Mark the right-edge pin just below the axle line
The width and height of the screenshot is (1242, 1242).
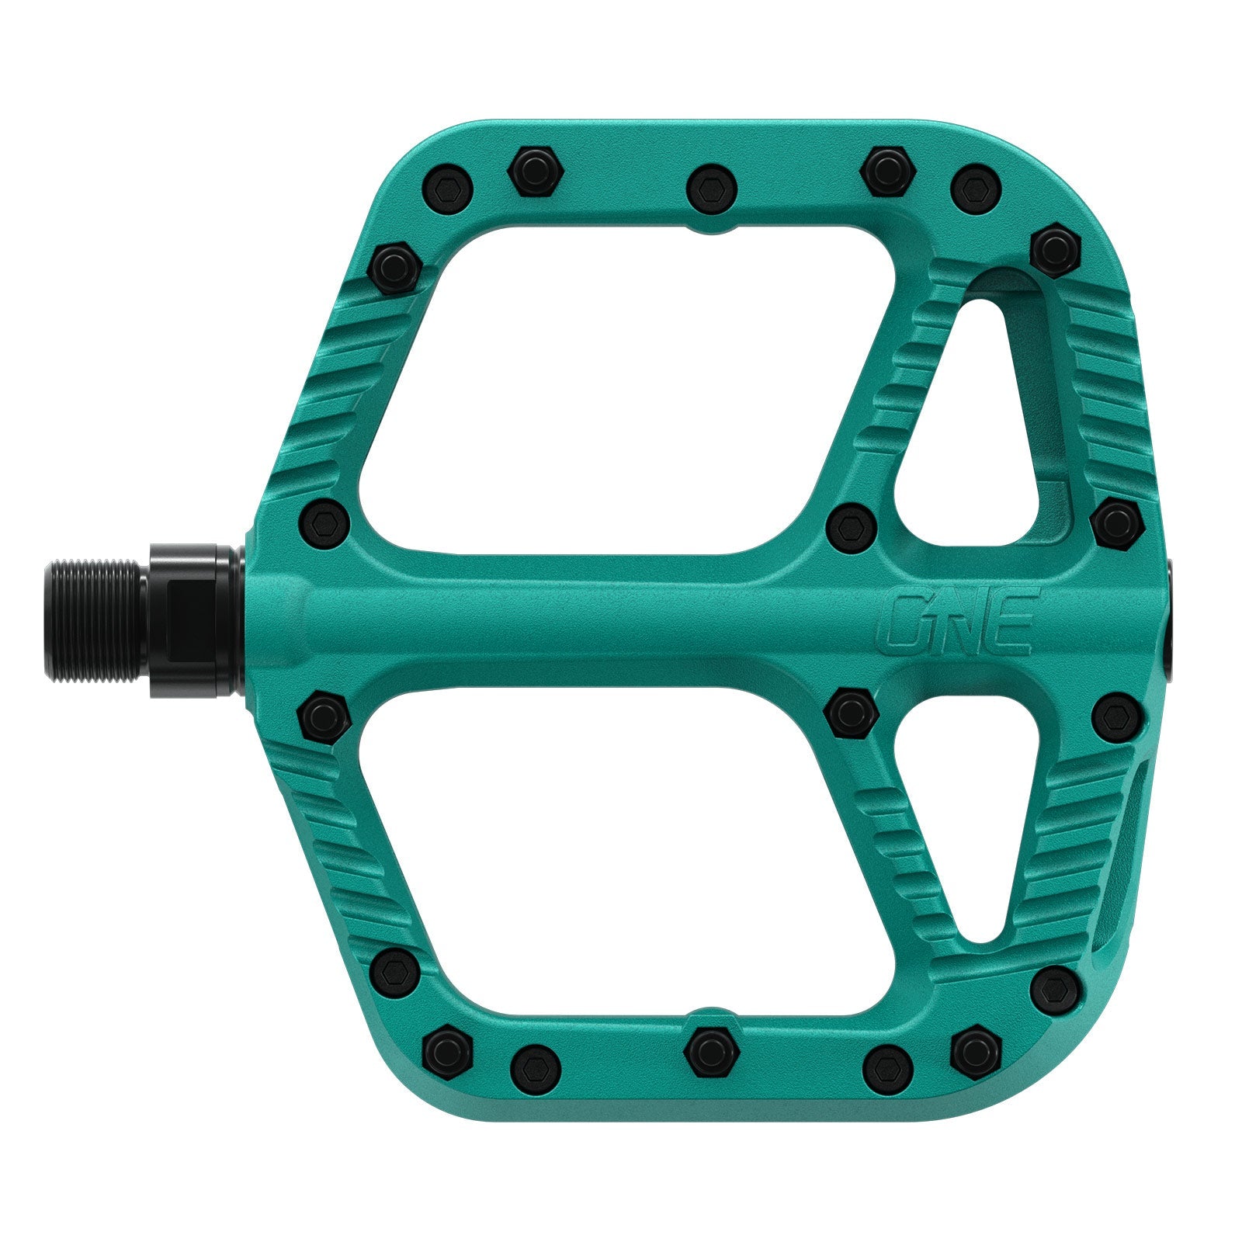coord(1115,718)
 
